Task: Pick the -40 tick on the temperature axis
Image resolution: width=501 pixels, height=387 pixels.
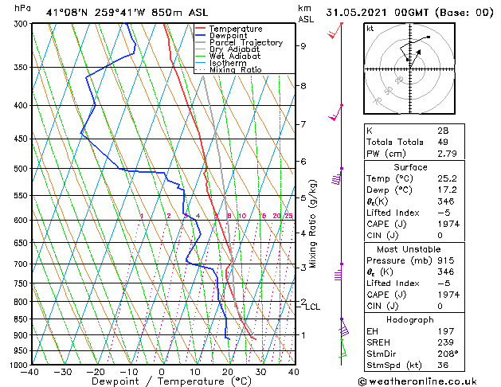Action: click(x=31, y=373)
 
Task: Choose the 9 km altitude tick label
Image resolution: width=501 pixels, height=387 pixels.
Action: click(x=303, y=46)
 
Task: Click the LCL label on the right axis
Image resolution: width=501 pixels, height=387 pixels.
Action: click(x=312, y=307)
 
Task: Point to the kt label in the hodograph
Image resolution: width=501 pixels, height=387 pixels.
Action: click(x=371, y=28)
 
